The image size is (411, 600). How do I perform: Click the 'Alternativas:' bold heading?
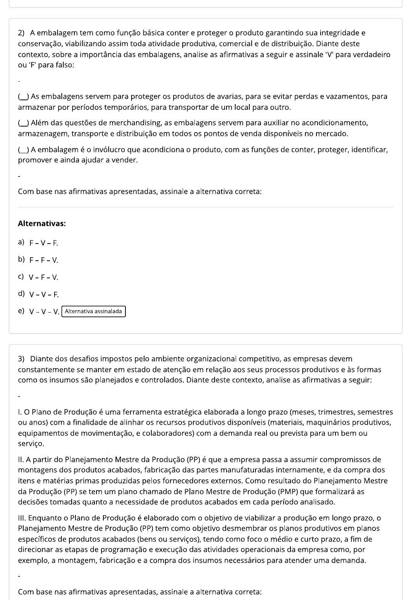(42, 224)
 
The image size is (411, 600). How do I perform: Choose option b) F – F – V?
(43, 260)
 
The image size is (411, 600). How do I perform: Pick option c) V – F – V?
(43, 278)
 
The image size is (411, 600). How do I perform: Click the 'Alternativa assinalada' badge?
(93, 311)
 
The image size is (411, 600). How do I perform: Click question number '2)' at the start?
(21, 33)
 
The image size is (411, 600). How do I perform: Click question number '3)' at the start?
(21, 359)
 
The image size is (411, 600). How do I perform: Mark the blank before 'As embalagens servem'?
(23, 97)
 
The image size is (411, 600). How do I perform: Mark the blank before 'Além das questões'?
(23, 123)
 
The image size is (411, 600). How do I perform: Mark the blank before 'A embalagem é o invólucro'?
(23, 150)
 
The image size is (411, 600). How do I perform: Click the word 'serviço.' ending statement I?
(31, 444)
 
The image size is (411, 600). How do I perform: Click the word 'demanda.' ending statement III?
(350, 561)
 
